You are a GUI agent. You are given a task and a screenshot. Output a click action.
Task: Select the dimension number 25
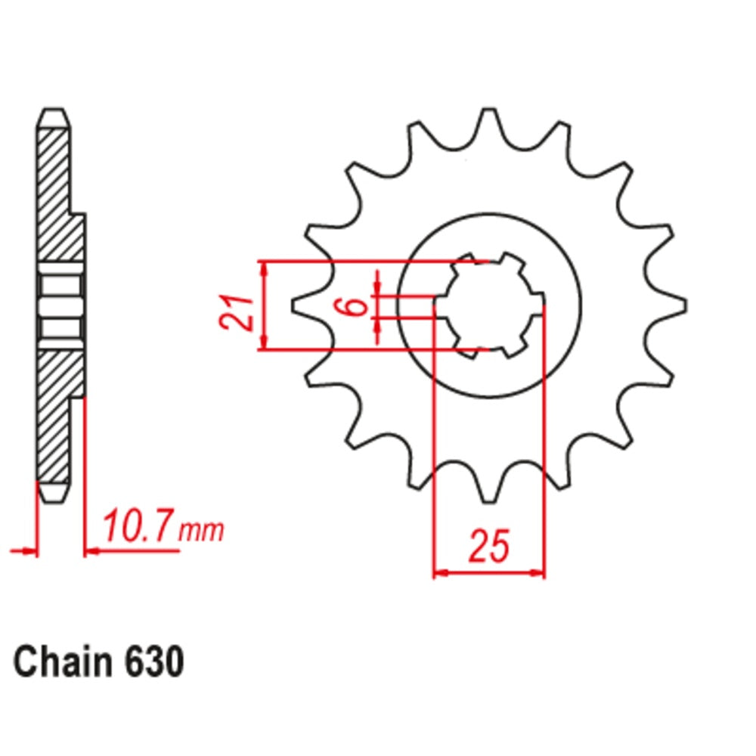pos(488,547)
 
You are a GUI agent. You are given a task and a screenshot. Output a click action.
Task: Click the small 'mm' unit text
pos(203,531)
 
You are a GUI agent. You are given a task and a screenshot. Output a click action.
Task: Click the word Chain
pos(60,663)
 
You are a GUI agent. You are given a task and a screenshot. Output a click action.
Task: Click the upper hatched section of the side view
pos(57,197)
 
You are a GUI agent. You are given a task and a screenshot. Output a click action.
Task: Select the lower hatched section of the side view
pos(57,416)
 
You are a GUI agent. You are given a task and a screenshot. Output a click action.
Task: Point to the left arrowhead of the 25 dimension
pos(438,572)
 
